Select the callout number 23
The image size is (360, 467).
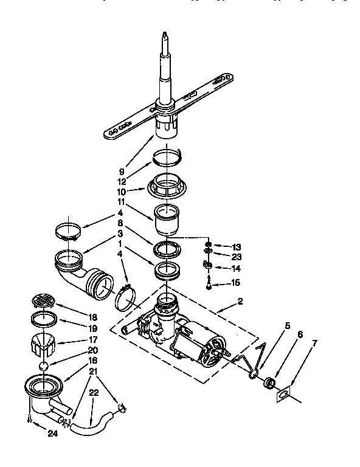236,257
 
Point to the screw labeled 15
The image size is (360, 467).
208,282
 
